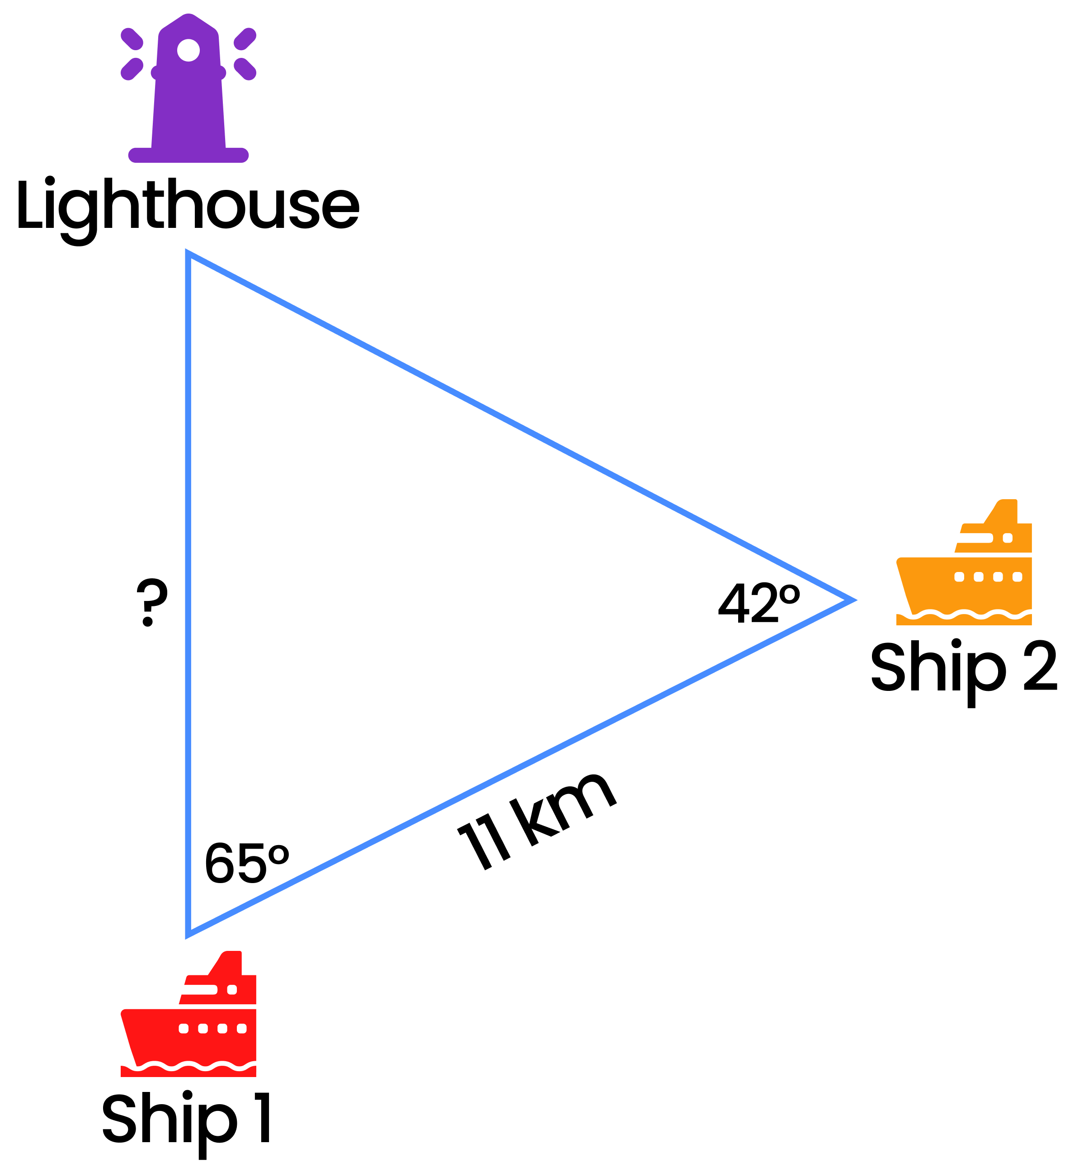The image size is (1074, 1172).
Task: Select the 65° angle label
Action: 246,863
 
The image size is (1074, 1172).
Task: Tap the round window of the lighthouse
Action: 188,50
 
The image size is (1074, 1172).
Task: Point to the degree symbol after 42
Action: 789,594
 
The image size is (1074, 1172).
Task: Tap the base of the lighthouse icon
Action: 188,155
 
